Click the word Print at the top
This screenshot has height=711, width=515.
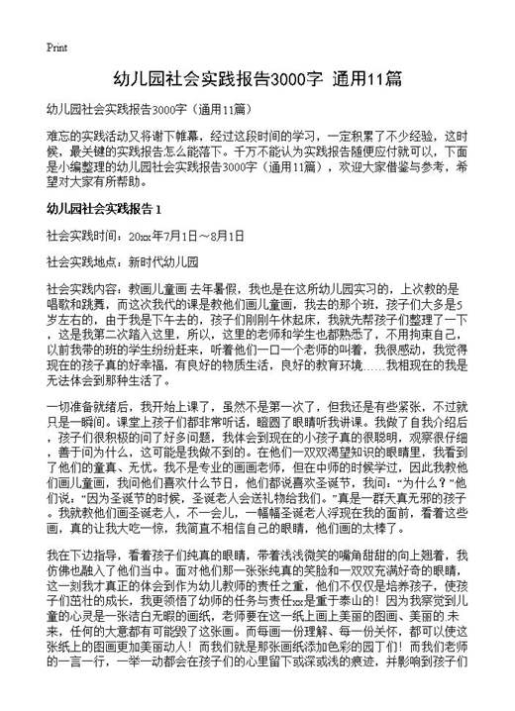click(x=56, y=48)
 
